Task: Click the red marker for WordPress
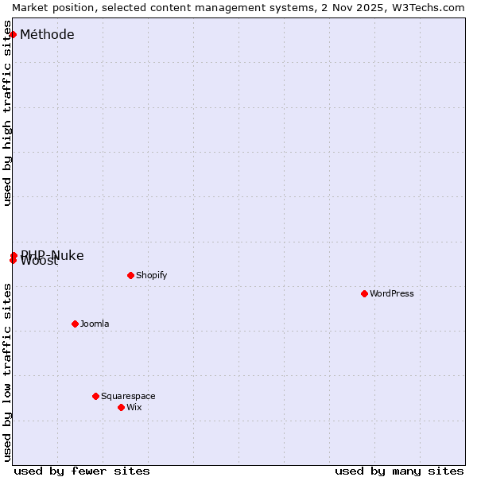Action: pyautogui.click(x=364, y=293)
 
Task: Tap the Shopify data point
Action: pyautogui.click(x=130, y=275)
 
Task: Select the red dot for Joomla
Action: pyautogui.click(x=75, y=324)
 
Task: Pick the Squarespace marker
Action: pyautogui.click(x=95, y=396)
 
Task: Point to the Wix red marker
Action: pyautogui.click(x=121, y=407)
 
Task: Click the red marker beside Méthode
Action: pyautogui.click(x=13, y=34)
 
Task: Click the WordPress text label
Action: pyautogui.click(x=392, y=293)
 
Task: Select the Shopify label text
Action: pyautogui.click(x=151, y=275)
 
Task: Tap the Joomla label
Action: pyautogui.click(x=95, y=324)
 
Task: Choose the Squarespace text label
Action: pyautogui.click(x=128, y=396)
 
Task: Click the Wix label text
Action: pyautogui.click(x=134, y=407)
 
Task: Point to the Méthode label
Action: pyautogui.click(x=47, y=34)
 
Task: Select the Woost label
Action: pyautogui.click(x=40, y=262)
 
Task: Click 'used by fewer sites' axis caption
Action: pyautogui.click(x=82, y=471)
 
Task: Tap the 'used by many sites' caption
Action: pyautogui.click(x=399, y=471)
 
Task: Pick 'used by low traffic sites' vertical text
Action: pyautogui.click(x=7, y=372)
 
